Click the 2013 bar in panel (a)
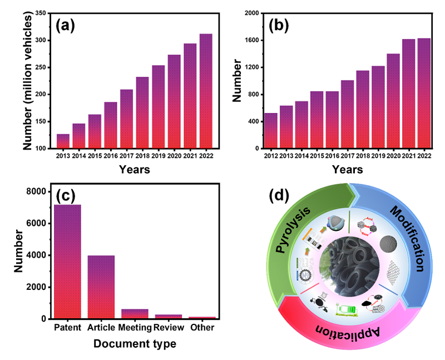63,141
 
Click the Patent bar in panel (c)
67,262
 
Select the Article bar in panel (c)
102,287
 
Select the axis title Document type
136,344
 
